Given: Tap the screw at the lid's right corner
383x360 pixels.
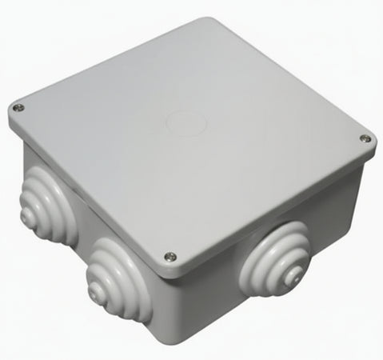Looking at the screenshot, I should (x=365, y=139).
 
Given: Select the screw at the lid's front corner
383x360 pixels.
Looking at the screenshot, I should (x=170, y=257).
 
